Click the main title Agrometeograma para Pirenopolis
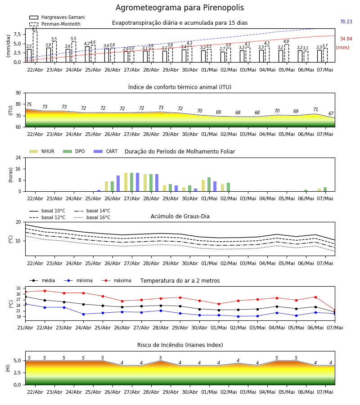(180, 8)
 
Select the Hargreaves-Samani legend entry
(57, 17)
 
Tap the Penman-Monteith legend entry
(55, 24)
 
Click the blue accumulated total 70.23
(346, 22)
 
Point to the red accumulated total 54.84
(346, 39)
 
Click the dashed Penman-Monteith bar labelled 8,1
(35, 47)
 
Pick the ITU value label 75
(29, 104)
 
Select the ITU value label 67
(331, 114)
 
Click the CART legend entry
(106, 151)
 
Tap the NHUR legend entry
(42, 151)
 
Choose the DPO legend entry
(74, 151)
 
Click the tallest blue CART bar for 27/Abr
(137, 182)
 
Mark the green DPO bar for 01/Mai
(209, 184)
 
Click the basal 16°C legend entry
(92, 217)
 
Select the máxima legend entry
(116, 280)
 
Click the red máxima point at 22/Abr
(45, 291)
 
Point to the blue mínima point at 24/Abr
(83, 314)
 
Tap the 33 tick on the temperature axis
(18, 288)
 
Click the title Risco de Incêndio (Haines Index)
(180, 345)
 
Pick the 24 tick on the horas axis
(18, 157)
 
